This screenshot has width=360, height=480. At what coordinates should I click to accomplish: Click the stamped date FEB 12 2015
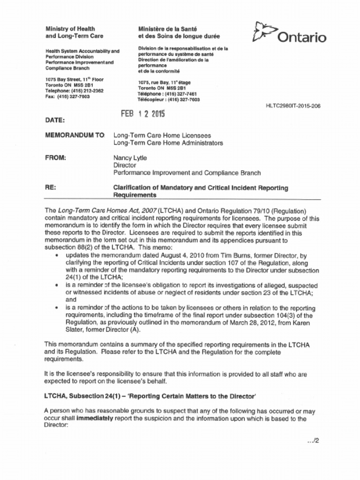click(143, 113)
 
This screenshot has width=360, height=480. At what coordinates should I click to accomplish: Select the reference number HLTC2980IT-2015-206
click(293, 106)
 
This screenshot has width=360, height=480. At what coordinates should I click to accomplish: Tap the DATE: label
click(55, 120)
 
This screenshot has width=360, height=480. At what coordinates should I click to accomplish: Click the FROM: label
click(55, 158)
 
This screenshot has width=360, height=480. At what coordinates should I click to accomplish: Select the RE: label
click(51, 187)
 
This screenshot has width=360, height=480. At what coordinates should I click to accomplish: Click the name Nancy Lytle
click(130, 158)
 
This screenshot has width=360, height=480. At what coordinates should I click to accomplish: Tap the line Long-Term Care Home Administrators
click(168, 142)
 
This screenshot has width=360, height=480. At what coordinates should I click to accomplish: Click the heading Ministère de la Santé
click(167, 29)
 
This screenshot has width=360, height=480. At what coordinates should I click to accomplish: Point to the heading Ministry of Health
click(70, 29)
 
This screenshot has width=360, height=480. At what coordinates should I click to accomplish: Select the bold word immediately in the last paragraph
click(95, 418)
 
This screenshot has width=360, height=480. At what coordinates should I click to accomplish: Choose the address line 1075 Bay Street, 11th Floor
click(75, 80)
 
